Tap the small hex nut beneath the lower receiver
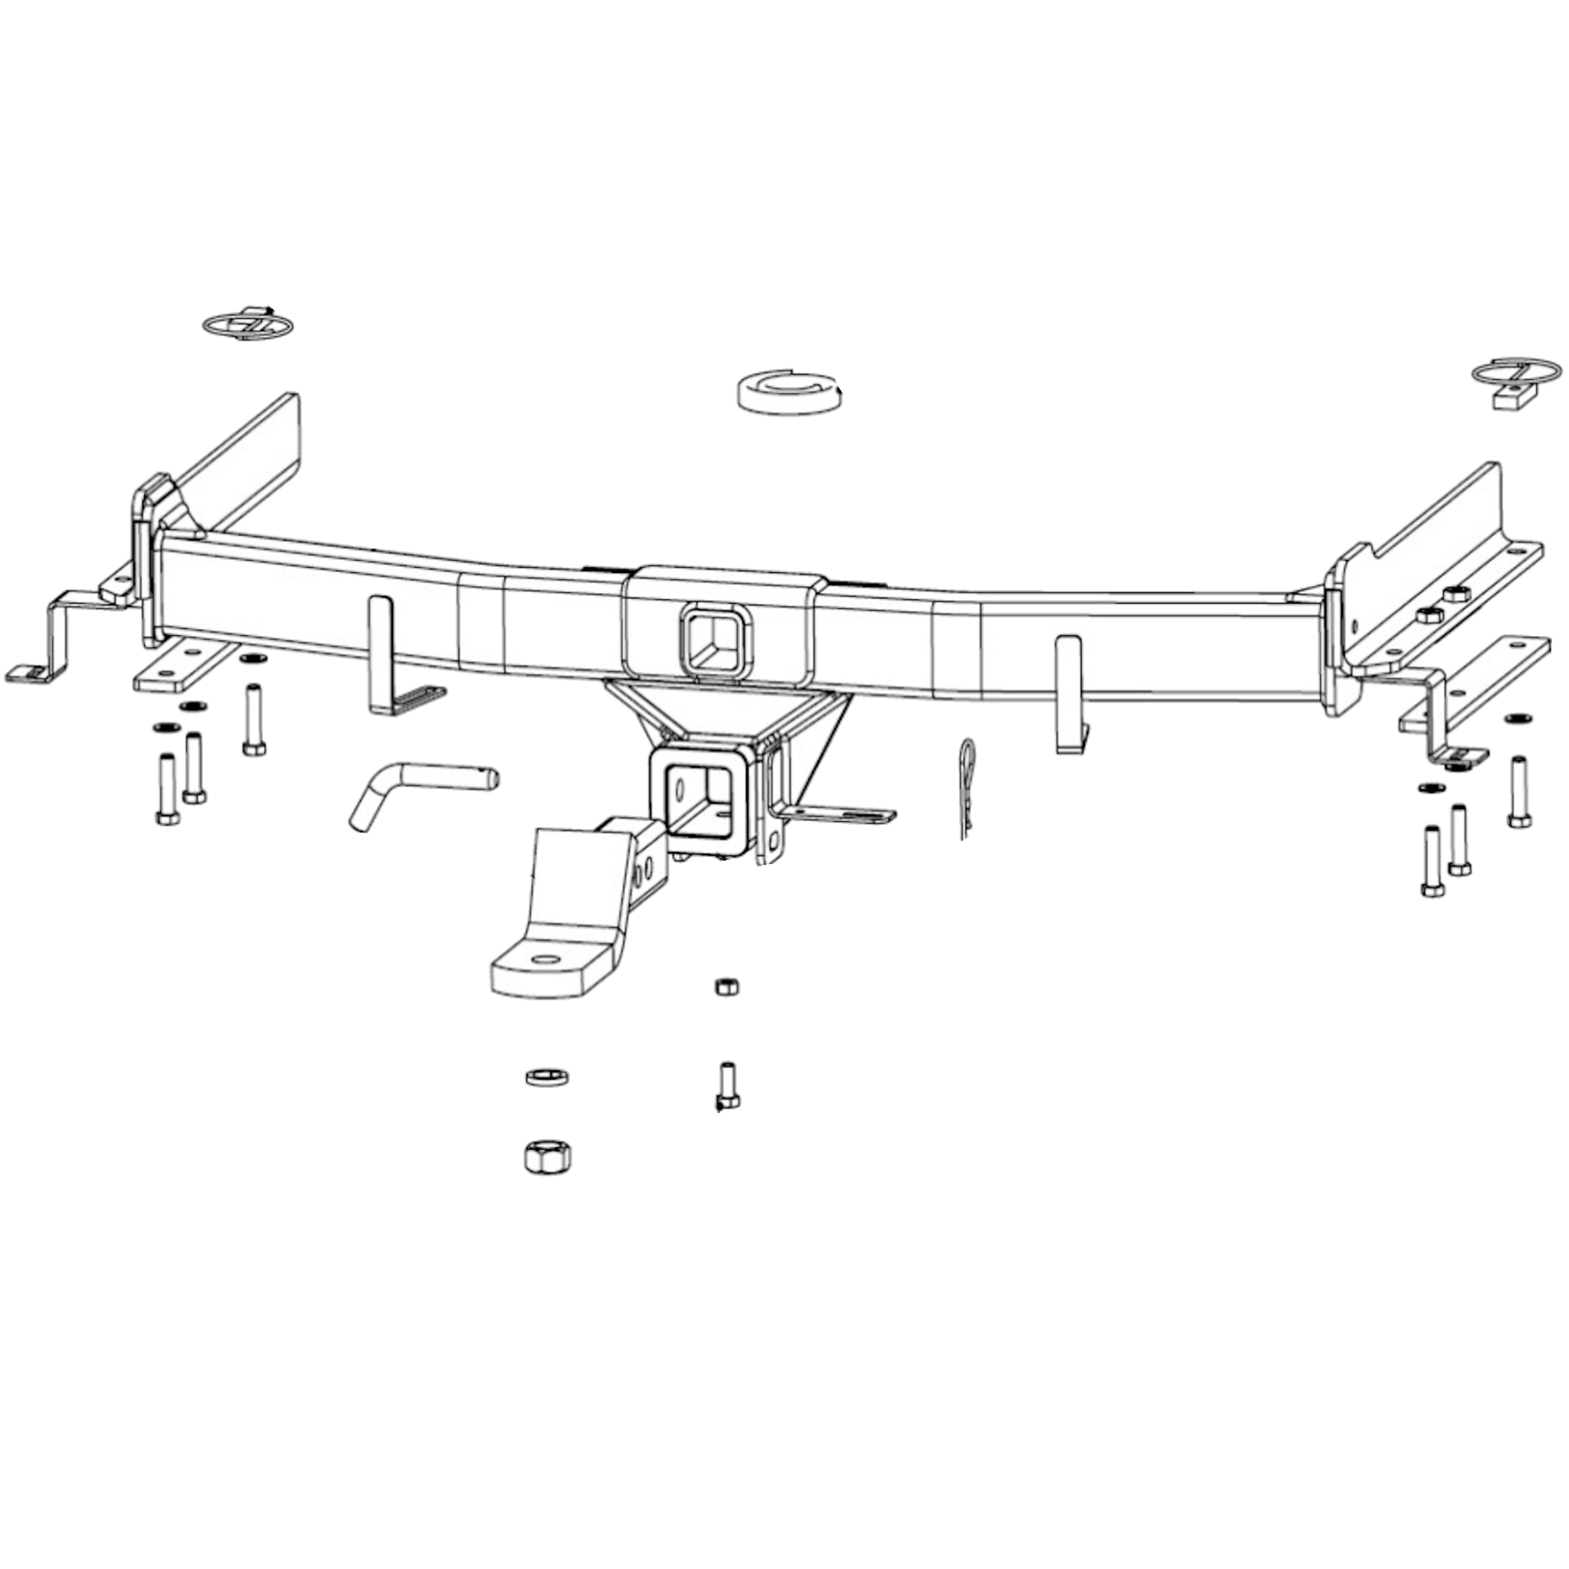pos(726,987)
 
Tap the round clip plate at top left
pos(247,324)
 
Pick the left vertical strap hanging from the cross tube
pos(380,650)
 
